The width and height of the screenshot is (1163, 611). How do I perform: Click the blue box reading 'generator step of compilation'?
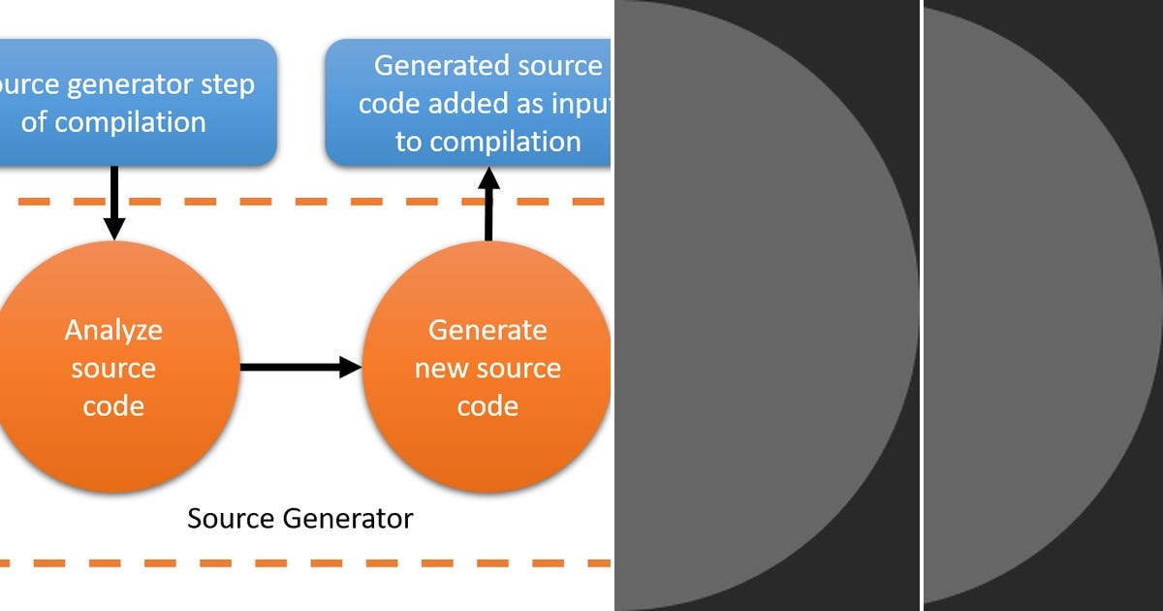point(136,102)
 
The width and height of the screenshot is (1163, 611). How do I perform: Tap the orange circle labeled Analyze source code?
point(114,369)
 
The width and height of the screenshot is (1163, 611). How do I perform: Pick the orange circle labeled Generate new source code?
point(487,369)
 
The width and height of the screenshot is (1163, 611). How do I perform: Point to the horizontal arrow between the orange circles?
point(300,367)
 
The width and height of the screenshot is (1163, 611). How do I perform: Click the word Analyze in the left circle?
point(113,331)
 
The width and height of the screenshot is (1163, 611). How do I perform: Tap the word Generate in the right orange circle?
point(487,331)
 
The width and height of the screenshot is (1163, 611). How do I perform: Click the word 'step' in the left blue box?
point(225,84)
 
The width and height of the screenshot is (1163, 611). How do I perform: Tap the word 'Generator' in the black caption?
point(348,519)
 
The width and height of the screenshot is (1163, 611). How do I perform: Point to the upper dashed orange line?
point(291,202)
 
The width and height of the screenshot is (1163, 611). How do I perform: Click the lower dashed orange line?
point(291,563)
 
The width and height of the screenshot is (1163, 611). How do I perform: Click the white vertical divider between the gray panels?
point(922,305)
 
